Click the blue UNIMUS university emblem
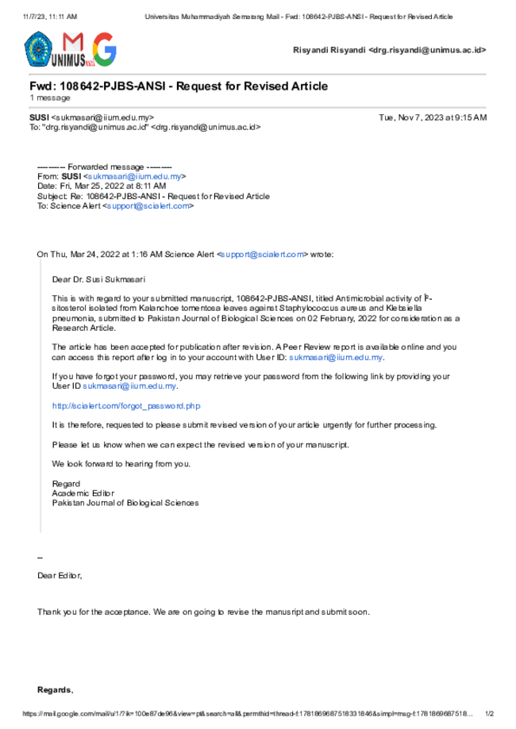(x=38, y=49)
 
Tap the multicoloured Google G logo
(x=105, y=49)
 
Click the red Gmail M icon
(x=73, y=42)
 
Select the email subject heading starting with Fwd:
(x=179, y=86)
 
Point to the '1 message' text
(x=50, y=98)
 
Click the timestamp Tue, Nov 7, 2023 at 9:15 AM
(x=433, y=117)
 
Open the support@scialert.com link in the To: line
(x=148, y=205)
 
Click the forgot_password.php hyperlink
(x=126, y=406)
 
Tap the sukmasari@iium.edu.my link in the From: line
(x=134, y=176)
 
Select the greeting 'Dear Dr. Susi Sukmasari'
(x=98, y=279)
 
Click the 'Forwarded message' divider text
(x=105, y=167)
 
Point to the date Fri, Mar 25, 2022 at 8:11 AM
(x=113, y=186)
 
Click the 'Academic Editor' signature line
(x=83, y=493)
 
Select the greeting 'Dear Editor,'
(x=60, y=576)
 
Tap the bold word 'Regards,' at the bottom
(x=56, y=690)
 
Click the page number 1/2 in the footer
(x=490, y=714)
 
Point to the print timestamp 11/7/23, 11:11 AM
(x=50, y=17)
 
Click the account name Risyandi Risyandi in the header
(x=329, y=50)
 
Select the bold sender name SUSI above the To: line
(x=39, y=117)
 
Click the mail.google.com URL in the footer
(x=248, y=714)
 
